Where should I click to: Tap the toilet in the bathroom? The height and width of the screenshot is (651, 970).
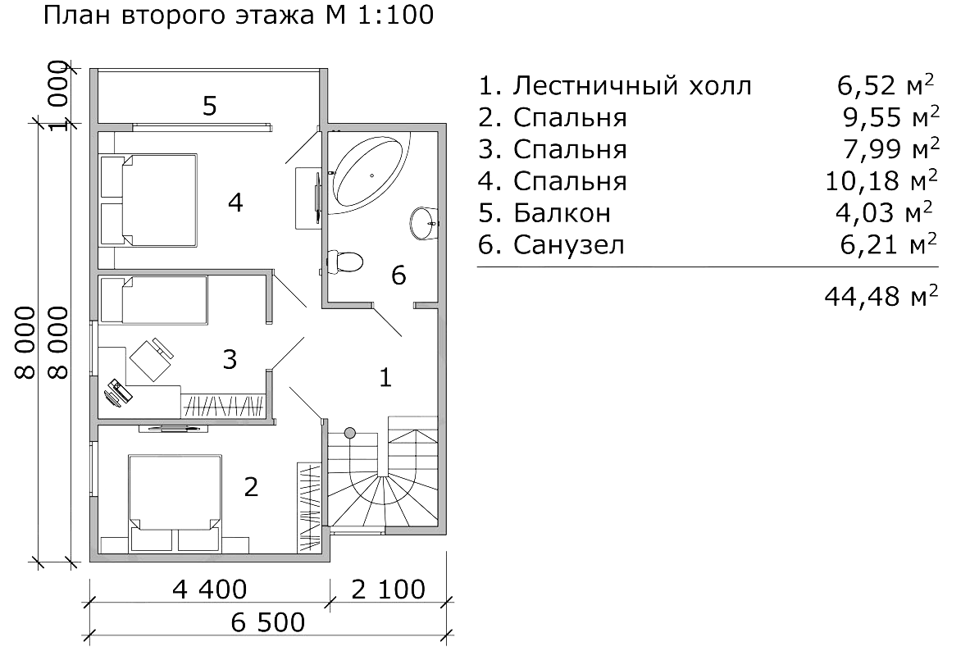pos(344,262)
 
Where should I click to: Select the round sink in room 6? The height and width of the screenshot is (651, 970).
pos(423,221)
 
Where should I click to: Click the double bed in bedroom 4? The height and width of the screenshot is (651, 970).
pos(149,199)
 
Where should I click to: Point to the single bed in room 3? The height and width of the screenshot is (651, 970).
pos(154,299)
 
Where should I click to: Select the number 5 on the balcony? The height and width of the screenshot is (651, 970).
pos(210,106)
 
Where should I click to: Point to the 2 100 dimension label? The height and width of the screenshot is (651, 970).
pos(389,589)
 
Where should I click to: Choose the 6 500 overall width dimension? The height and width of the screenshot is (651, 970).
pos(267,622)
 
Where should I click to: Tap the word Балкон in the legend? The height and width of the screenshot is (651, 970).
pos(562,213)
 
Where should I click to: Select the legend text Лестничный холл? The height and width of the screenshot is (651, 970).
pos(632,86)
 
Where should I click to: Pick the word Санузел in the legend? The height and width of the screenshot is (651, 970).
pos(570,244)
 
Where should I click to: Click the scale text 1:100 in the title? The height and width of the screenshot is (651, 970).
pos(394,15)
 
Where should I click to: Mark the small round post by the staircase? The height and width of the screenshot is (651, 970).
pos(350,432)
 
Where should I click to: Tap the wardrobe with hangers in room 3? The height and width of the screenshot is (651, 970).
pos(223,405)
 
